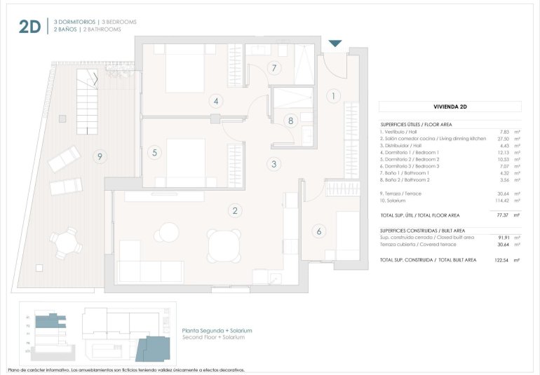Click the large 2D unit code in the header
pos(29,26)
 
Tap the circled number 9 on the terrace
pos(101,157)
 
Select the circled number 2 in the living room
pos(236,210)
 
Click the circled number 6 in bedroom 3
pos(319,231)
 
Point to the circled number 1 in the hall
pos(333,96)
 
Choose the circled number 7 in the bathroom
pos(275,68)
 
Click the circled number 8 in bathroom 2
pos(290,120)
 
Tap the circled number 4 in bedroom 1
pos(217,102)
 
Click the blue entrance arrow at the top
pos(335,43)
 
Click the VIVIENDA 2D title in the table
pos(450,107)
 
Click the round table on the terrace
pos(65,243)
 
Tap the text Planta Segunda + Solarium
pos(216,330)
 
